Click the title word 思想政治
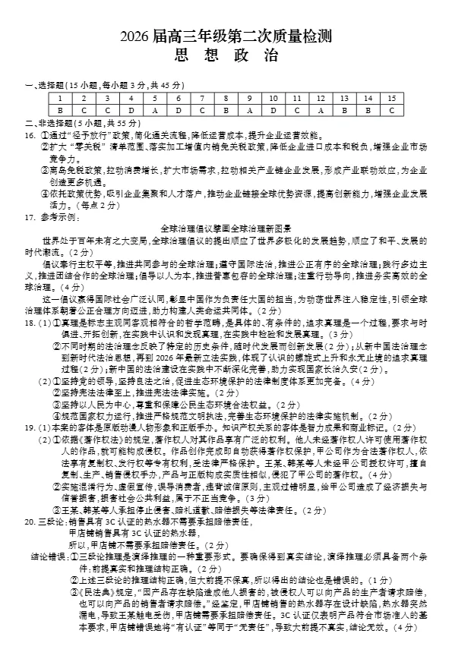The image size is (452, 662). pos(226,56)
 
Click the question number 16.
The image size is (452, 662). pos(30,134)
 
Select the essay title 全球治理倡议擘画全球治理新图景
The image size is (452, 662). pos(226,228)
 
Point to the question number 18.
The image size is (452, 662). pos(30,323)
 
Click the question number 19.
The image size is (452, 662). pos(30,427)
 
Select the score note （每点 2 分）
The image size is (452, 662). pos(97,206)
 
